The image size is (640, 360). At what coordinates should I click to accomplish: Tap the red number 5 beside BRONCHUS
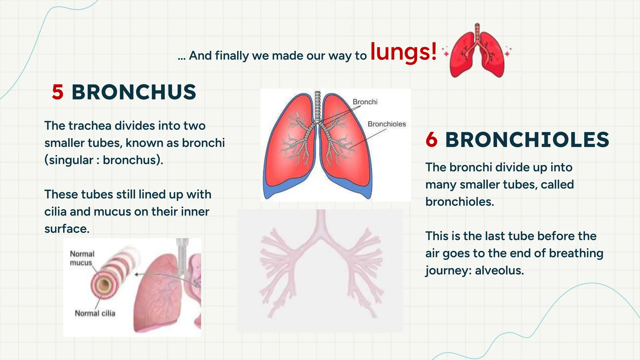pyautogui.click(x=58, y=92)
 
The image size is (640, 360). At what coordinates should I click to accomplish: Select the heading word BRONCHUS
pyautogui.click(x=134, y=92)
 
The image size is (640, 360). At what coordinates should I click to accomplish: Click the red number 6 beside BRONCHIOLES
pyautogui.click(x=432, y=140)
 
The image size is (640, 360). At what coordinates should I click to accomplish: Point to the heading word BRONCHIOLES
pyautogui.click(x=527, y=140)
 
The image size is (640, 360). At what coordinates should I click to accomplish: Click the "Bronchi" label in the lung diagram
pyautogui.click(x=365, y=102)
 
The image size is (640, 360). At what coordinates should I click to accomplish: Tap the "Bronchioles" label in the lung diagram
pyautogui.click(x=387, y=124)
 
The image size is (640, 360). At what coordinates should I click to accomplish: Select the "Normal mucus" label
pyautogui.click(x=82, y=258)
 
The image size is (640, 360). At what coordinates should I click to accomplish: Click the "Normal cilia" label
pyautogui.click(x=95, y=313)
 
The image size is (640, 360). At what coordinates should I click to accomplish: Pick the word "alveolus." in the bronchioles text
pyautogui.click(x=499, y=270)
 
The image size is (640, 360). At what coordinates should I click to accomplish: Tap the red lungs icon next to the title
pyautogui.click(x=477, y=52)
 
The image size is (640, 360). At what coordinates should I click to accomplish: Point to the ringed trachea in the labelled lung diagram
pyautogui.click(x=317, y=106)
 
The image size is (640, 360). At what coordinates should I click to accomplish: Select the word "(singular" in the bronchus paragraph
pyautogui.click(x=69, y=160)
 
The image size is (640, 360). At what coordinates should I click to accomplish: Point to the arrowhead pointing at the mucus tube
pyautogui.click(x=137, y=274)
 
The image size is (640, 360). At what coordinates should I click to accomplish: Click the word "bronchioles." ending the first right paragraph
pyautogui.click(x=459, y=202)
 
